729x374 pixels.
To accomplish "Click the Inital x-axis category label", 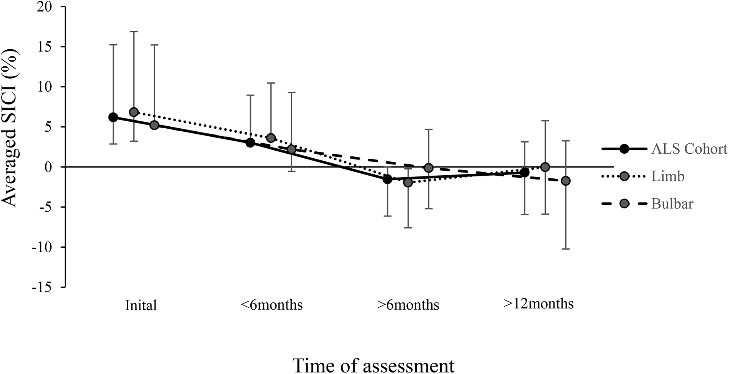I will pos(141,305).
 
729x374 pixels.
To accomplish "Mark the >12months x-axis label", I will pos(538,304).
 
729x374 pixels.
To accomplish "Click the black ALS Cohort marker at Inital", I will pos(113,117).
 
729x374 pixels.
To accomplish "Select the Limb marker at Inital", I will pos(134,112).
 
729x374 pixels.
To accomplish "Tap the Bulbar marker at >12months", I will pos(566,181).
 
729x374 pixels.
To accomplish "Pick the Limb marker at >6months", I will pos(408,182).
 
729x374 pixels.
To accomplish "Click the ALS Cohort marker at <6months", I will pos(250,143).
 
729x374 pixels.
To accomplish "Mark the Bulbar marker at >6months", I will pos(429,168).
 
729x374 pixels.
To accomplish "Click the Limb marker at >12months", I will pos(545,167).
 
